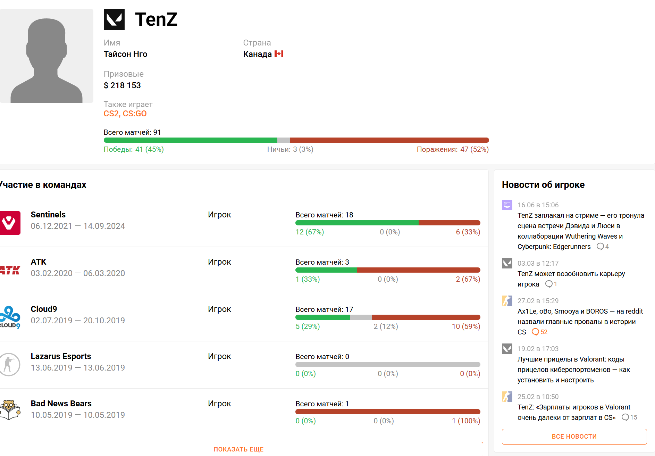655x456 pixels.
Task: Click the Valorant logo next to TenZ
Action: point(114,19)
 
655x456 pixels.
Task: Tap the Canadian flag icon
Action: point(279,54)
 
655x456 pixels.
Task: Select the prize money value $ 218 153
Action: point(122,85)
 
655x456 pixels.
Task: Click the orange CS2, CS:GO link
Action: point(125,114)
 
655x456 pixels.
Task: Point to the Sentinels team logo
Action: point(10,223)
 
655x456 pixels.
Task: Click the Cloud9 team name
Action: point(44,309)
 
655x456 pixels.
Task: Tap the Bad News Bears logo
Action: point(10,410)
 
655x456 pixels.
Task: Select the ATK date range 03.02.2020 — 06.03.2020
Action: point(78,273)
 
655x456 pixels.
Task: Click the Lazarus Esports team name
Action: point(61,356)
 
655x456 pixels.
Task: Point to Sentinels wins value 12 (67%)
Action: point(310,232)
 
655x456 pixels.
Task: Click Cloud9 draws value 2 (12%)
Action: point(386,326)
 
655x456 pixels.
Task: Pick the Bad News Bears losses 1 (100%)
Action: point(466,421)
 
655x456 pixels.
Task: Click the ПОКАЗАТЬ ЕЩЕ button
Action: point(238,449)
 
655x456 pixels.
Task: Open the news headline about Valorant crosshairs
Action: point(574,370)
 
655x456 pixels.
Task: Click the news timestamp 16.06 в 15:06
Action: point(538,205)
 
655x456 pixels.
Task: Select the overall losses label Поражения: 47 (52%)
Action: point(453,149)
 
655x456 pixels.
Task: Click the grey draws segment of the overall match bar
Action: point(284,140)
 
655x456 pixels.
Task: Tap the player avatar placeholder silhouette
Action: point(47,61)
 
